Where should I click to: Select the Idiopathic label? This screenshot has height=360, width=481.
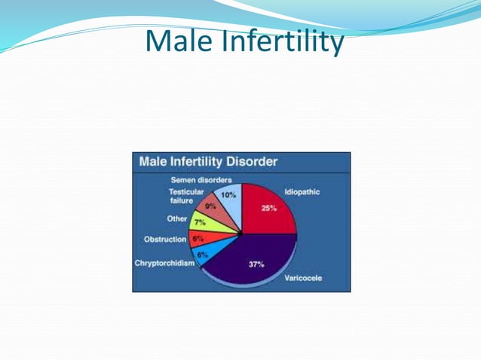coord(302,192)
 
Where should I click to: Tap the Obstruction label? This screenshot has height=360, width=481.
coord(165,239)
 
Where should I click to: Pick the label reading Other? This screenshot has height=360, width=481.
coord(177,219)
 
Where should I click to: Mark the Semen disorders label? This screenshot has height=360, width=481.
coord(201,179)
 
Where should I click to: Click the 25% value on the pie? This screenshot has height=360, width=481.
coord(268,209)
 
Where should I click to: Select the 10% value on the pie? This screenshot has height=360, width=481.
coord(227,194)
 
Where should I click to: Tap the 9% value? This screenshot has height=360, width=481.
coord(210,206)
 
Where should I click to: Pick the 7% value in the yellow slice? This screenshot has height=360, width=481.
coord(199,224)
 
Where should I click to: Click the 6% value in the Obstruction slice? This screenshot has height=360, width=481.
coord(197,239)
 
